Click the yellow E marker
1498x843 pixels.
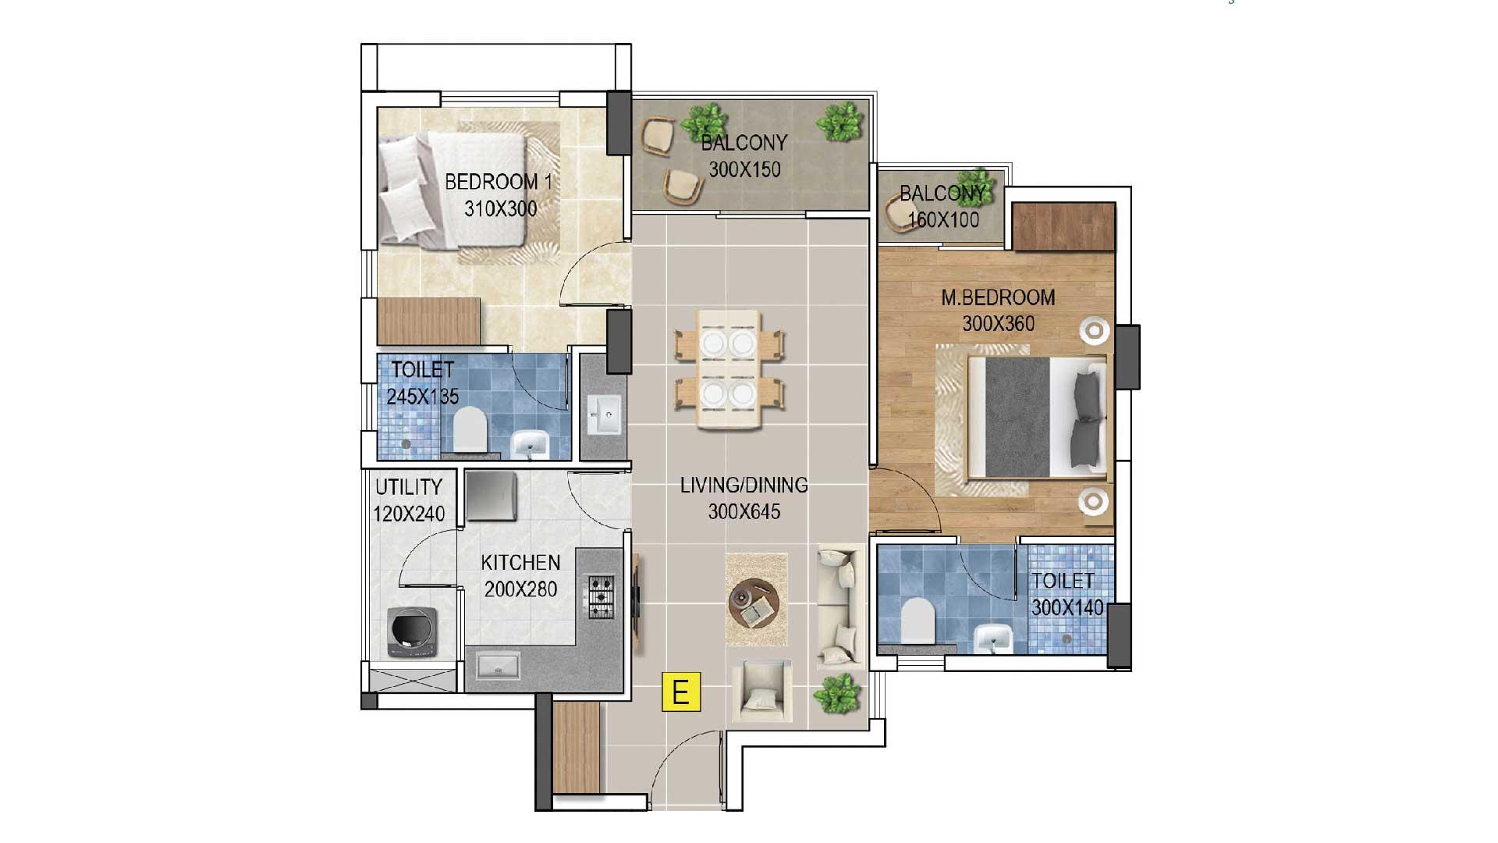click(681, 692)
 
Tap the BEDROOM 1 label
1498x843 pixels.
click(499, 182)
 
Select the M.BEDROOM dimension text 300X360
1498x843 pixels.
click(999, 323)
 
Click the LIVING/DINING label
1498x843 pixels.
click(744, 486)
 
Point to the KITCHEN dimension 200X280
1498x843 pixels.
click(520, 589)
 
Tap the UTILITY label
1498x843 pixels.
click(409, 487)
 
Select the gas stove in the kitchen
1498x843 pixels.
click(601, 597)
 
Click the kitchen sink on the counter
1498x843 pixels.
click(498, 667)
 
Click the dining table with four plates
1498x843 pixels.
click(729, 369)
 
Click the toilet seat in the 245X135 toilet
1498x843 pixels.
click(470, 428)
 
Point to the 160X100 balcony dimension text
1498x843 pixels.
click(943, 219)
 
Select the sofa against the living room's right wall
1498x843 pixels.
click(840, 607)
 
